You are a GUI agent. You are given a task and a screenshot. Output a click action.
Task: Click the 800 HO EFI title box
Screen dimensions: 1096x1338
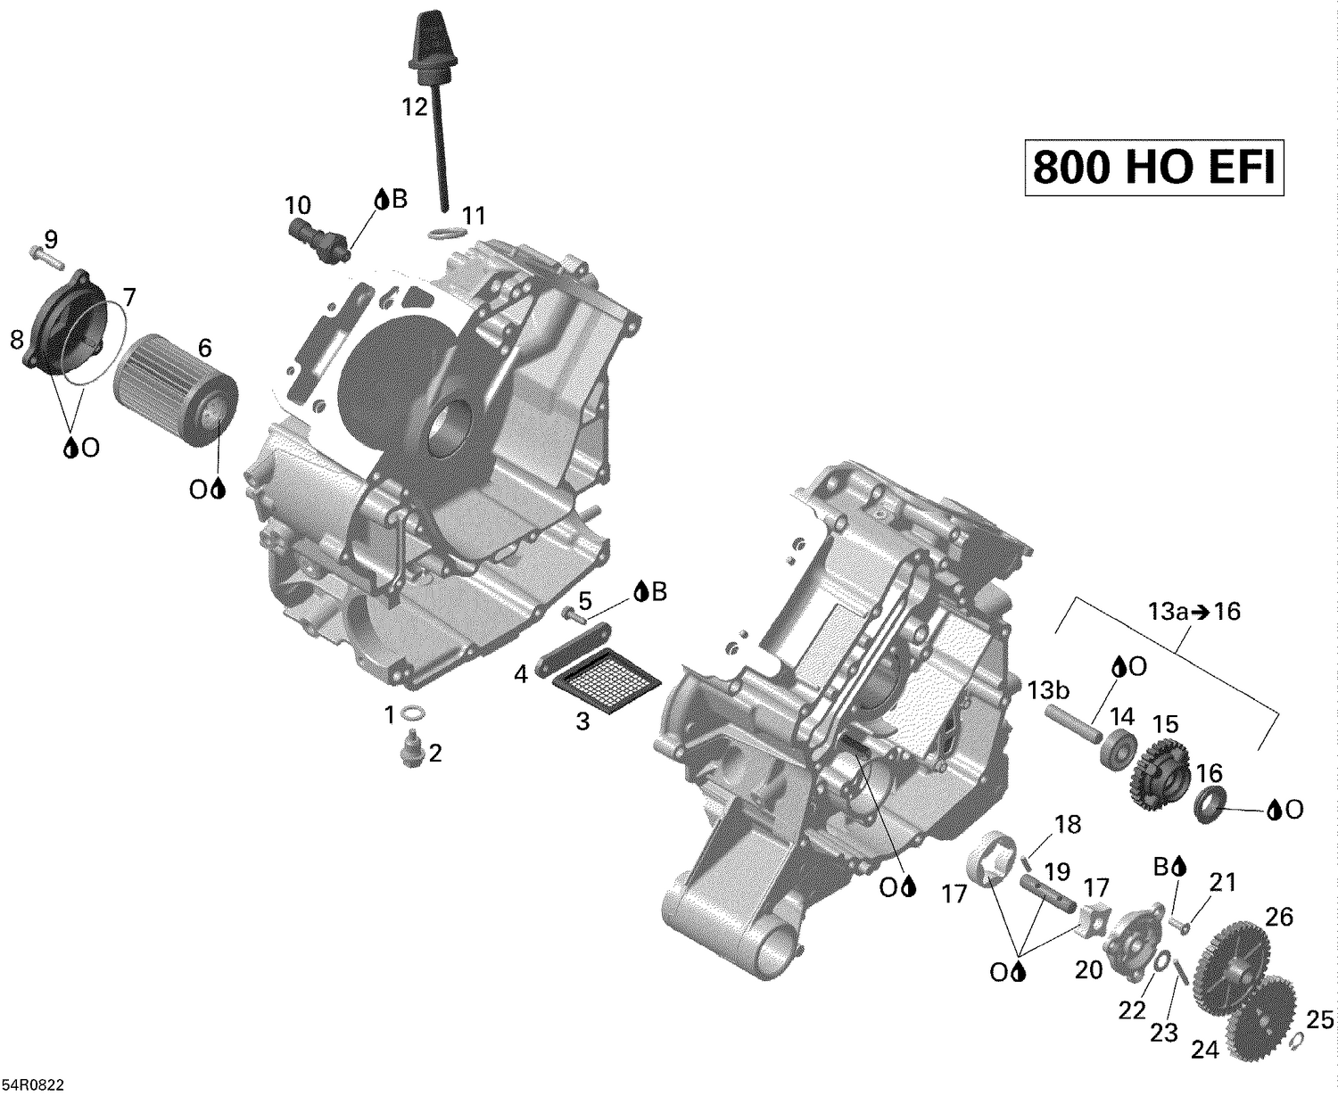[x=1153, y=168]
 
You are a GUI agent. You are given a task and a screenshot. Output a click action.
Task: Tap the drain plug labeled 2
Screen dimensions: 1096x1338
[x=412, y=748]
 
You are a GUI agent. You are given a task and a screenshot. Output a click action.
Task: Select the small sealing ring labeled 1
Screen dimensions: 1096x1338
[x=414, y=713]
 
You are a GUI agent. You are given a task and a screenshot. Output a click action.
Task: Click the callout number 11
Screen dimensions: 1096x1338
[x=474, y=216]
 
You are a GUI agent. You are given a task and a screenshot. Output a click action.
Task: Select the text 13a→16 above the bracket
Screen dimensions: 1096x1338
[x=1193, y=612]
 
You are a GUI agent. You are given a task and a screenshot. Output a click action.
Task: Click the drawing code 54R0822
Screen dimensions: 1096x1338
[x=33, y=1084]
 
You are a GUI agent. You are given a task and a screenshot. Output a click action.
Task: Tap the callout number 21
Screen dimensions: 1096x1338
[x=1222, y=883]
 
